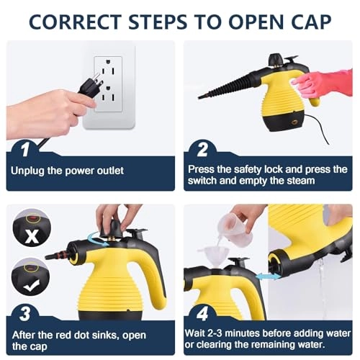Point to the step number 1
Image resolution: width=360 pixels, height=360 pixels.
(x=24, y=149)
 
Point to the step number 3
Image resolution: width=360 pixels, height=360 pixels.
(x=24, y=313)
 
